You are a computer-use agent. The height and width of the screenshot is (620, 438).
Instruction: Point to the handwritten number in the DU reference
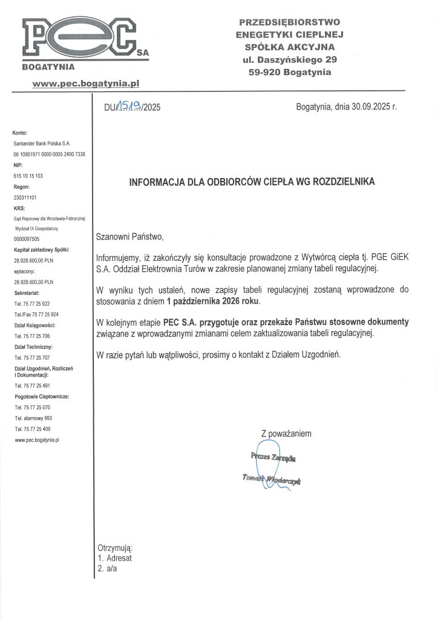coord(130,107)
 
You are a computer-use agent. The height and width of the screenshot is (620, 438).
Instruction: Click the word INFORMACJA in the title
coord(156,181)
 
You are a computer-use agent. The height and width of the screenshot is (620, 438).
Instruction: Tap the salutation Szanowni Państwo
coord(130,236)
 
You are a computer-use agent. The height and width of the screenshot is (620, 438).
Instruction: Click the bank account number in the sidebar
coord(50,154)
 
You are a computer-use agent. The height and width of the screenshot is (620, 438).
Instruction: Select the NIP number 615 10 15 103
coord(28,176)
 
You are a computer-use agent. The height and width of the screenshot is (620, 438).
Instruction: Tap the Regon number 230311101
coord(25,197)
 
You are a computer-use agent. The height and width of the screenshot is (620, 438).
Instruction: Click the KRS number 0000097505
coord(26,239)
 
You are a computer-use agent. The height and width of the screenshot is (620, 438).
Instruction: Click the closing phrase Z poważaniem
coord(286,434)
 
